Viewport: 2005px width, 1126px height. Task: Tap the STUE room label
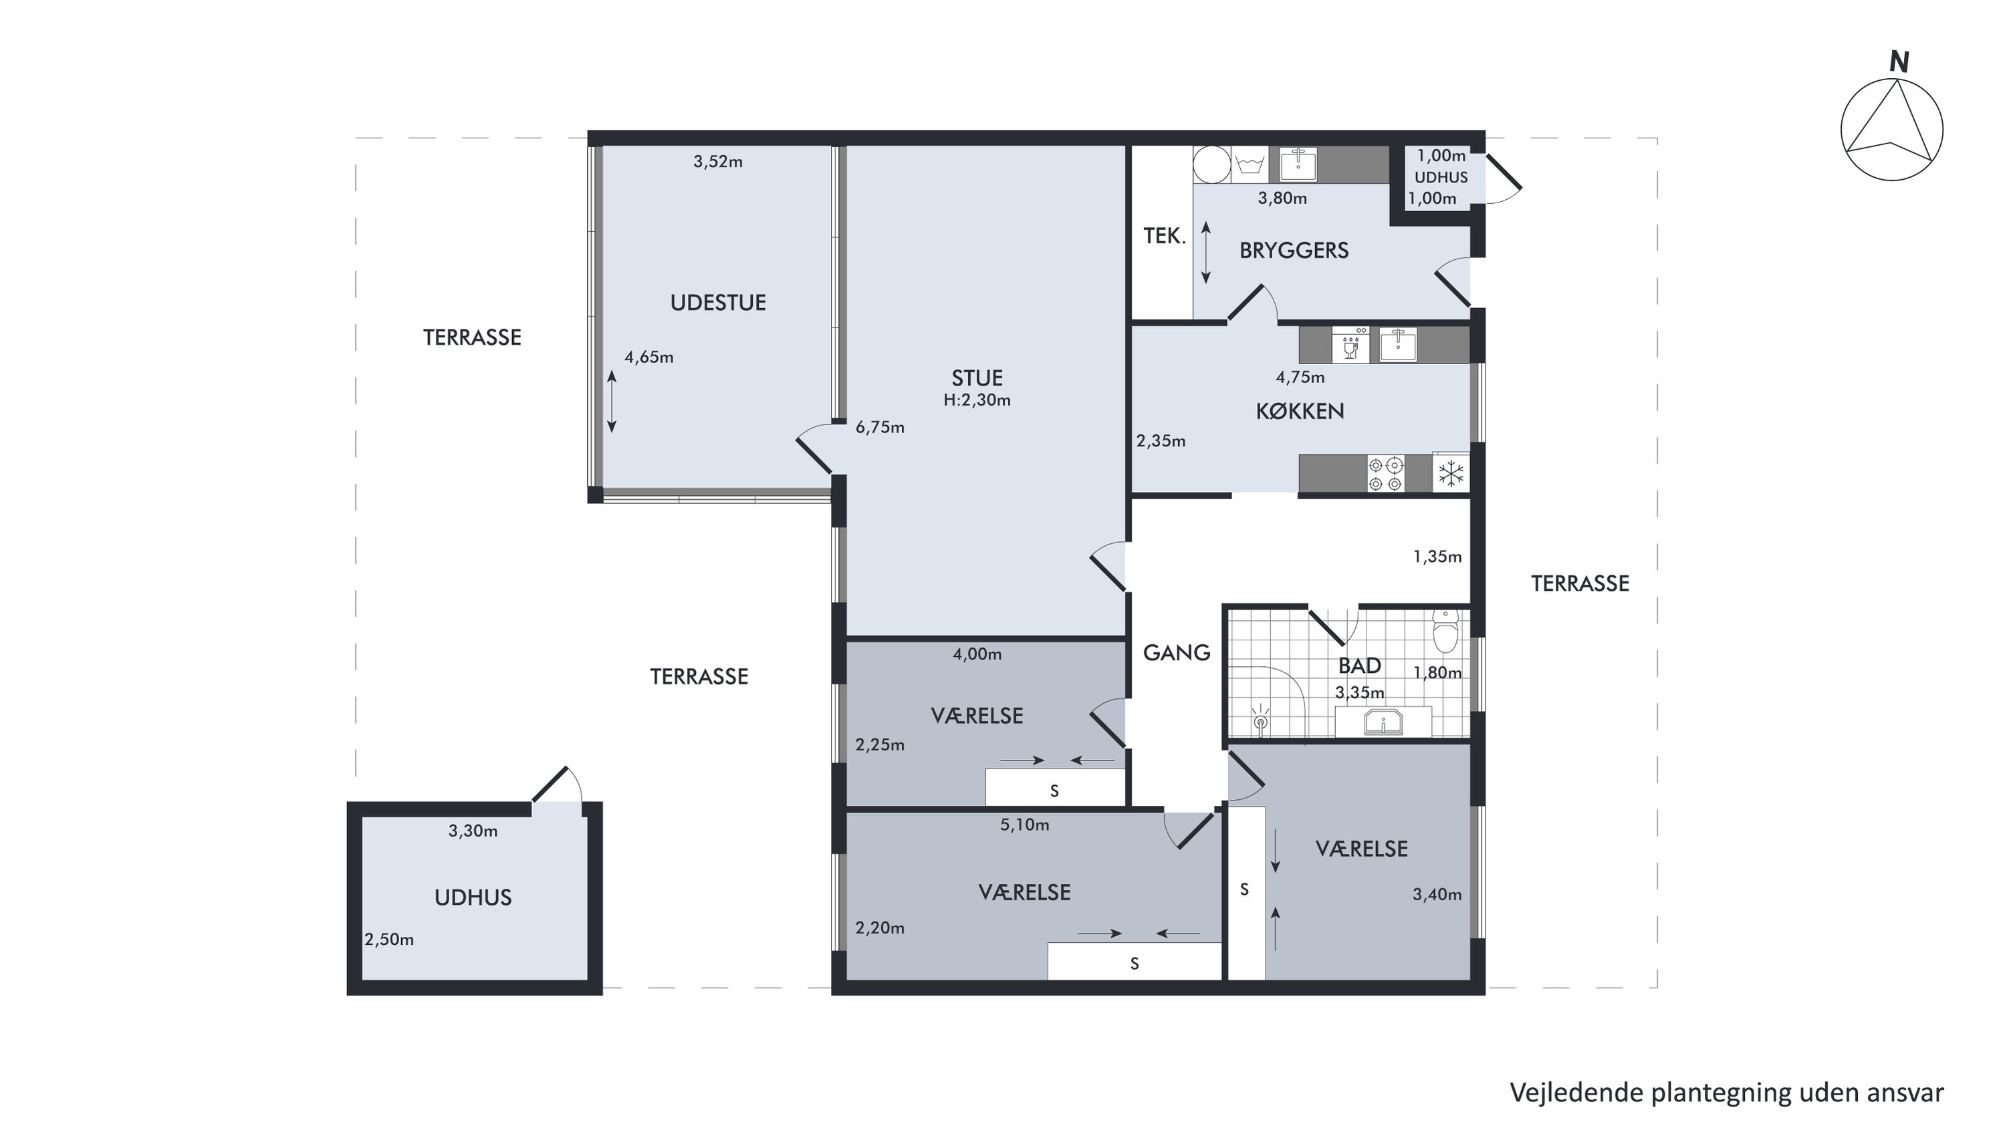pos(977,378)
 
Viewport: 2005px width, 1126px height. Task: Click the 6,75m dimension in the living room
pos(880,427)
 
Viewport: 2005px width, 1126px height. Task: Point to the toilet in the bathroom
pos(1445,631)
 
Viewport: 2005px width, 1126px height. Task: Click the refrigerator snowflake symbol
pos(1450,472)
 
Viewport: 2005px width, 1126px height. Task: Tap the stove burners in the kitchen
pos(1385,474)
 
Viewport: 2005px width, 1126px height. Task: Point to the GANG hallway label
pos(1176,653)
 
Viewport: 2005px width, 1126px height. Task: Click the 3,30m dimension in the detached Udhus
pos(473,831)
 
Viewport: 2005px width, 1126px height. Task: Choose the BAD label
pos(1359,666)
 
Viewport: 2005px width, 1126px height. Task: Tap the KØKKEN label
pos(1300,411)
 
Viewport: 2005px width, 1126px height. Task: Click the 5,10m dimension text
pos(1024,825)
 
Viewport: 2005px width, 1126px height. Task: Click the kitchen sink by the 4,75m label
pos(1398,345)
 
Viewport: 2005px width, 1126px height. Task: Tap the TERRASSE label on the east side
pos(1580,583)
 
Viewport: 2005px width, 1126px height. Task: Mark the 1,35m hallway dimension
pos(1437,557)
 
